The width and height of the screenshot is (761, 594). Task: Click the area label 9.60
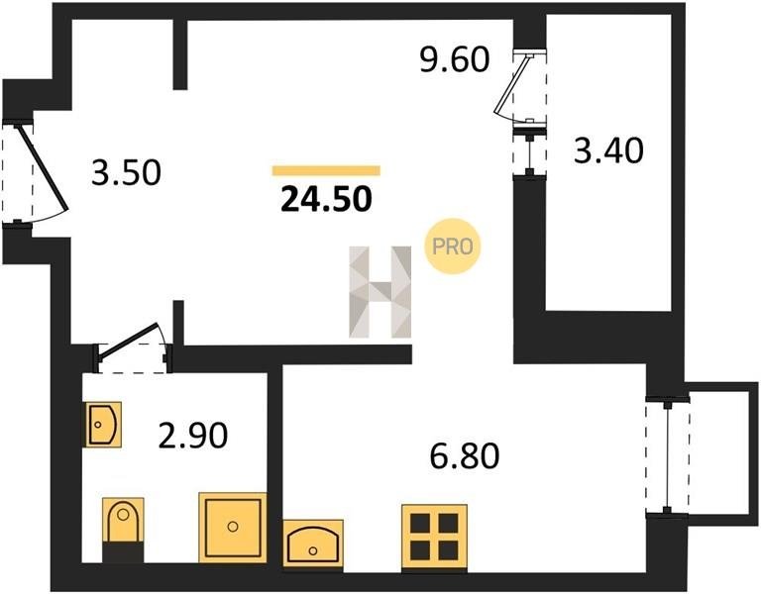pyautogui.click(x=454, y=60)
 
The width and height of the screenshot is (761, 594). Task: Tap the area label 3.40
pyautogui.click(x=608, y=149)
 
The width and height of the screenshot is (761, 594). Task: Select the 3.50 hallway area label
pyautogui.click(x=126, y=173)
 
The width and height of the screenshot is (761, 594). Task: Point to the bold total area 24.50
pyautogui.click(x=326, y=199)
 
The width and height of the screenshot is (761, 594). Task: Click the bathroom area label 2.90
pyautogui.click(x=193, y=435)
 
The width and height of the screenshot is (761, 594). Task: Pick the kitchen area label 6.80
pyautogui.click(x=465, y=456)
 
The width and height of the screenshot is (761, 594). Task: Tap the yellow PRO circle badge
pyautogui.click(x=452, y=247)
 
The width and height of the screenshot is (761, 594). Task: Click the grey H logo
pyautogui.click(x=380, y=291)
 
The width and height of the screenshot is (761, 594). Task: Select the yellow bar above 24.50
pyautogui.click(x=326, y=170)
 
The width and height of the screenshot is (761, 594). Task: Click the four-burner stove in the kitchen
pyautogui.click(x=434, y=537)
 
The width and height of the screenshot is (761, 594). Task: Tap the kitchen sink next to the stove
pyautogui.click(x=313, y=544)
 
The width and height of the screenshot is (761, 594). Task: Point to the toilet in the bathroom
pyautogui.click(x=123, y=530)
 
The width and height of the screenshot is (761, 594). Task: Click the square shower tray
pyautogui.click(x=233, y=528)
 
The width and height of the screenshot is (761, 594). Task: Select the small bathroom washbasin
pyautogui.click(x=102, y=425)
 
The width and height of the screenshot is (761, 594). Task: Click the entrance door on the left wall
pyautogui.click(x=43, y=169)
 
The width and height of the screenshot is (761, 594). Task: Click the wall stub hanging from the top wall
pyautogui.click(x=180, y=54)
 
